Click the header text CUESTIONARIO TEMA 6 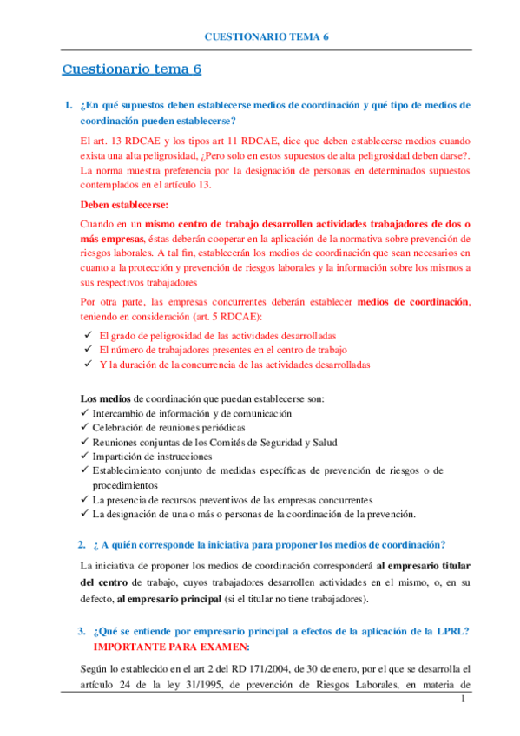(266, 37)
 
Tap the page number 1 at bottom (464, 700)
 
